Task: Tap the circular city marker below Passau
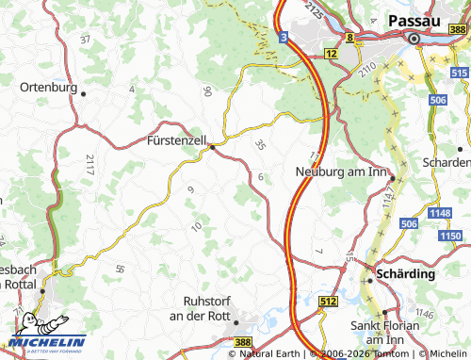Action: (x=413, y=39)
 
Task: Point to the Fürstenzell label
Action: (x=176, y=139)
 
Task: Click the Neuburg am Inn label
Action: (x=342, y=171)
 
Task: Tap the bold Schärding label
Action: (x=406, y=274)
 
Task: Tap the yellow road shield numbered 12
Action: (x=331, y=55)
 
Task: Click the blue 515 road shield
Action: (x=460, y=58)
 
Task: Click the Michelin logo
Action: (x=47, y=341)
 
